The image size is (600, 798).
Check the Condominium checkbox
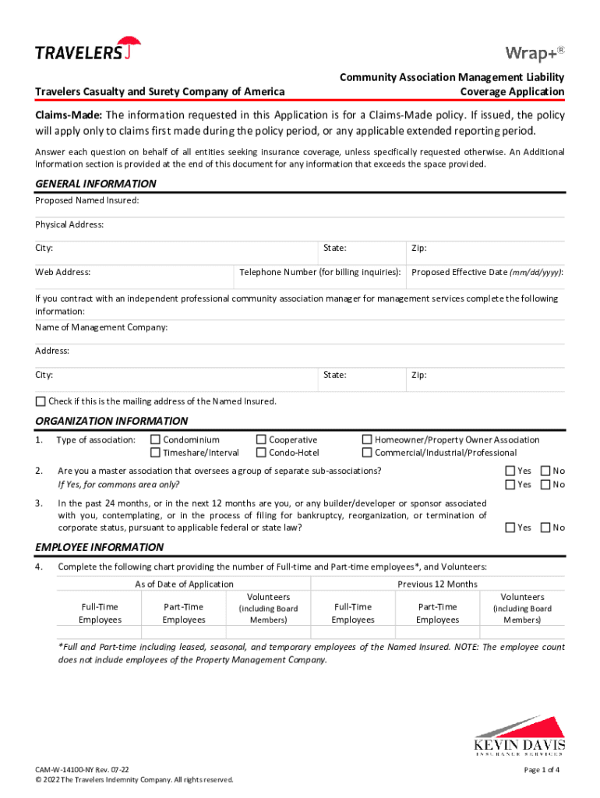156,440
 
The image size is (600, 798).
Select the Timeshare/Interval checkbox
156,453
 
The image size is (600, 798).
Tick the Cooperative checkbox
261,440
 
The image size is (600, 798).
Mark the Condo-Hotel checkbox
261,453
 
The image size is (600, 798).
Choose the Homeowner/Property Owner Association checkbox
367,440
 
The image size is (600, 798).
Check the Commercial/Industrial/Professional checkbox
367,453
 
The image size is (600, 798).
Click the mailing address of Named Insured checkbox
41,401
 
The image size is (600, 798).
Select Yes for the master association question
510,471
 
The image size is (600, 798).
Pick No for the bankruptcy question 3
545,528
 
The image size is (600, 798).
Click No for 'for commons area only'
545,484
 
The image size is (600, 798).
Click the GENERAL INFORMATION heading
96,184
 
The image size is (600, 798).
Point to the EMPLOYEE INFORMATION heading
99,547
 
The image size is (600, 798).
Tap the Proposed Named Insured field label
87,201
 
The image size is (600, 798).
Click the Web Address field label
62,272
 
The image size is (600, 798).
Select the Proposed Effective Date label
487,272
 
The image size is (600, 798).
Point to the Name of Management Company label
101,327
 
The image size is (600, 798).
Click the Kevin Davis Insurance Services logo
520,736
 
